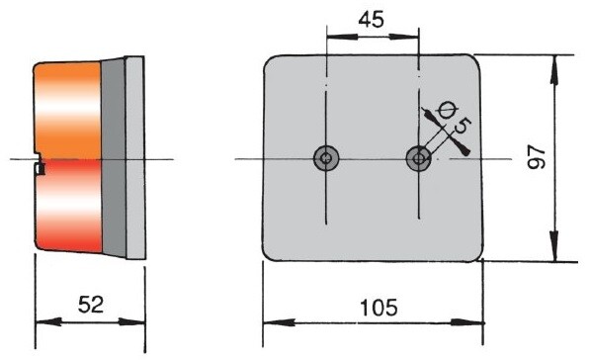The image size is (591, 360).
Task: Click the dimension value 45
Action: tap(372, 20)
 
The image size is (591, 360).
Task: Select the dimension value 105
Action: tap(379, 308)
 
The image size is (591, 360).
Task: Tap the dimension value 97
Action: tap(537, 157)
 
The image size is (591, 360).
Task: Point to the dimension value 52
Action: tap(91, 305)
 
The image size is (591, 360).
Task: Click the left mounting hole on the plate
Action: tap(326, 158)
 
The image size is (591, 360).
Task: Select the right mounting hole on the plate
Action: tap(419, 158)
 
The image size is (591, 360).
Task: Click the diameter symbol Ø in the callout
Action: tap(447, 110)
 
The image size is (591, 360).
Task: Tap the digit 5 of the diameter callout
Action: tap(463, 126)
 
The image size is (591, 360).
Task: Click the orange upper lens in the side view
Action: tap(68, 110)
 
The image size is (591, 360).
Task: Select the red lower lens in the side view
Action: tap(70, 206)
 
